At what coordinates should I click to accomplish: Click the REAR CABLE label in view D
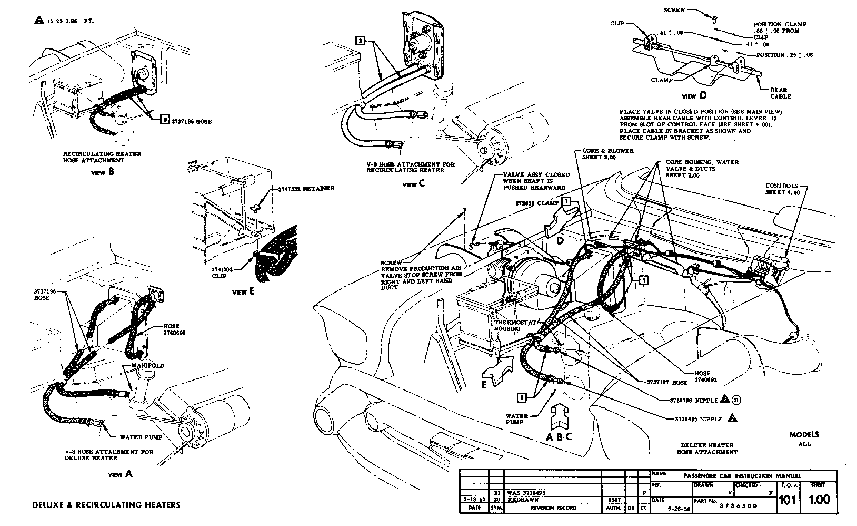point(780,93)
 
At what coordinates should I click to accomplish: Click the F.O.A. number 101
point(787,499)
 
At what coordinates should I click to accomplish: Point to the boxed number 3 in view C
point(360,40)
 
